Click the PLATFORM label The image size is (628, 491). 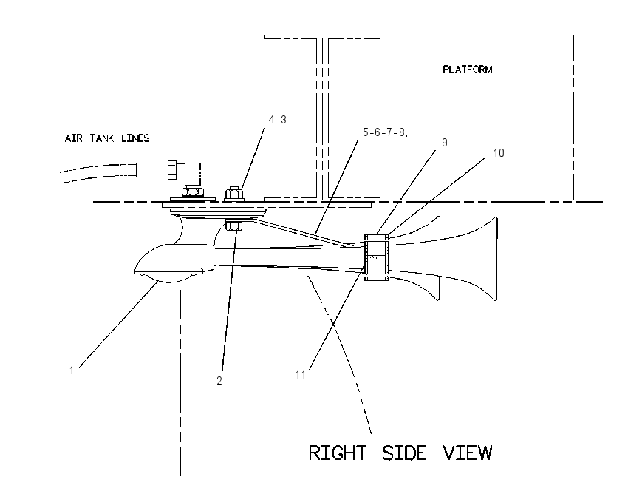click(468, 70)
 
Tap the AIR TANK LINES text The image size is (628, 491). click(107, 138)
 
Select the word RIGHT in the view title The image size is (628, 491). click(337, 453)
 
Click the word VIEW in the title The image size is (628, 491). click(468, 453)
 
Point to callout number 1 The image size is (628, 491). click(72, 370)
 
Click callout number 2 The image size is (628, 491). click(219, 381)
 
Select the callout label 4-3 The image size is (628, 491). click(278, 120)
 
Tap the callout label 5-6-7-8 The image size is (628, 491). click(383, 132)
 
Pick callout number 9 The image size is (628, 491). click(444, 143)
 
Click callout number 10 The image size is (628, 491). click(499, 153)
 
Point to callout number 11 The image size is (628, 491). click(301, 375)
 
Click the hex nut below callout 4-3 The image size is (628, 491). click(234, 194)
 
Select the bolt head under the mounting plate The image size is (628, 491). click(234, 226)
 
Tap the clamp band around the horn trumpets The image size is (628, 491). click(377, 258)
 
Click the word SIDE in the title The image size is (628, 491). click(404, 453)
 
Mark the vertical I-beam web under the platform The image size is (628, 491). click(322, 118)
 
